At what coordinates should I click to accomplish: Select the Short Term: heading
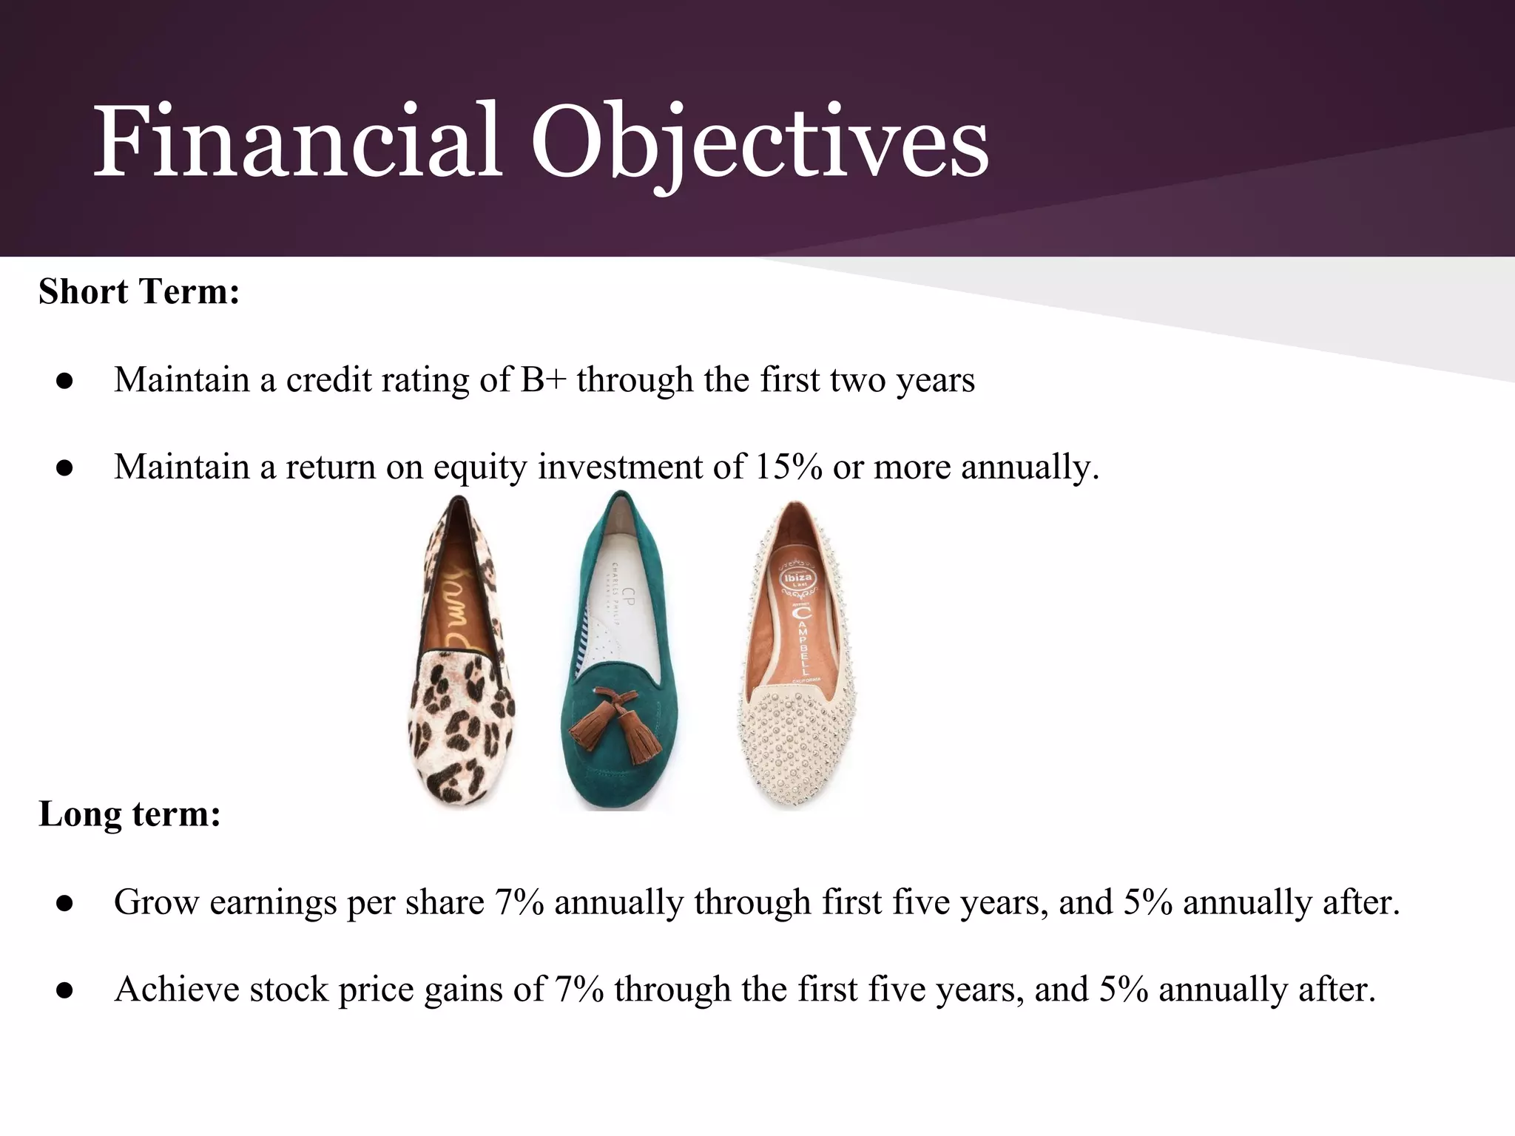pos(139,291)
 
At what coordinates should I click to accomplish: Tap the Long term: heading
pos(129,814)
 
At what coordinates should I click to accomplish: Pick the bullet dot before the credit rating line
pos(64,382)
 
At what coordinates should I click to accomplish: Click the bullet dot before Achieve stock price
pos(64,991)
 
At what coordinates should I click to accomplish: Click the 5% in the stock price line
pos(1123,989)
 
